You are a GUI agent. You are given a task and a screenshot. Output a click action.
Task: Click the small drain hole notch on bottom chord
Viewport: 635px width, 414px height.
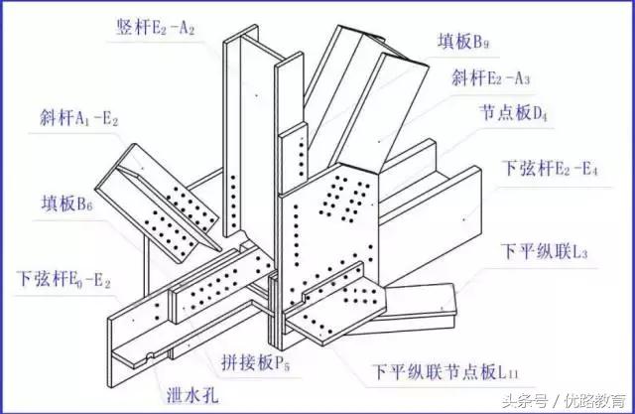coord(148,354)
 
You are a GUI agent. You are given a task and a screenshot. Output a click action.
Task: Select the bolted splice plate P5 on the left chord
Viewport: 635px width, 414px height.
coord(220,288)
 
